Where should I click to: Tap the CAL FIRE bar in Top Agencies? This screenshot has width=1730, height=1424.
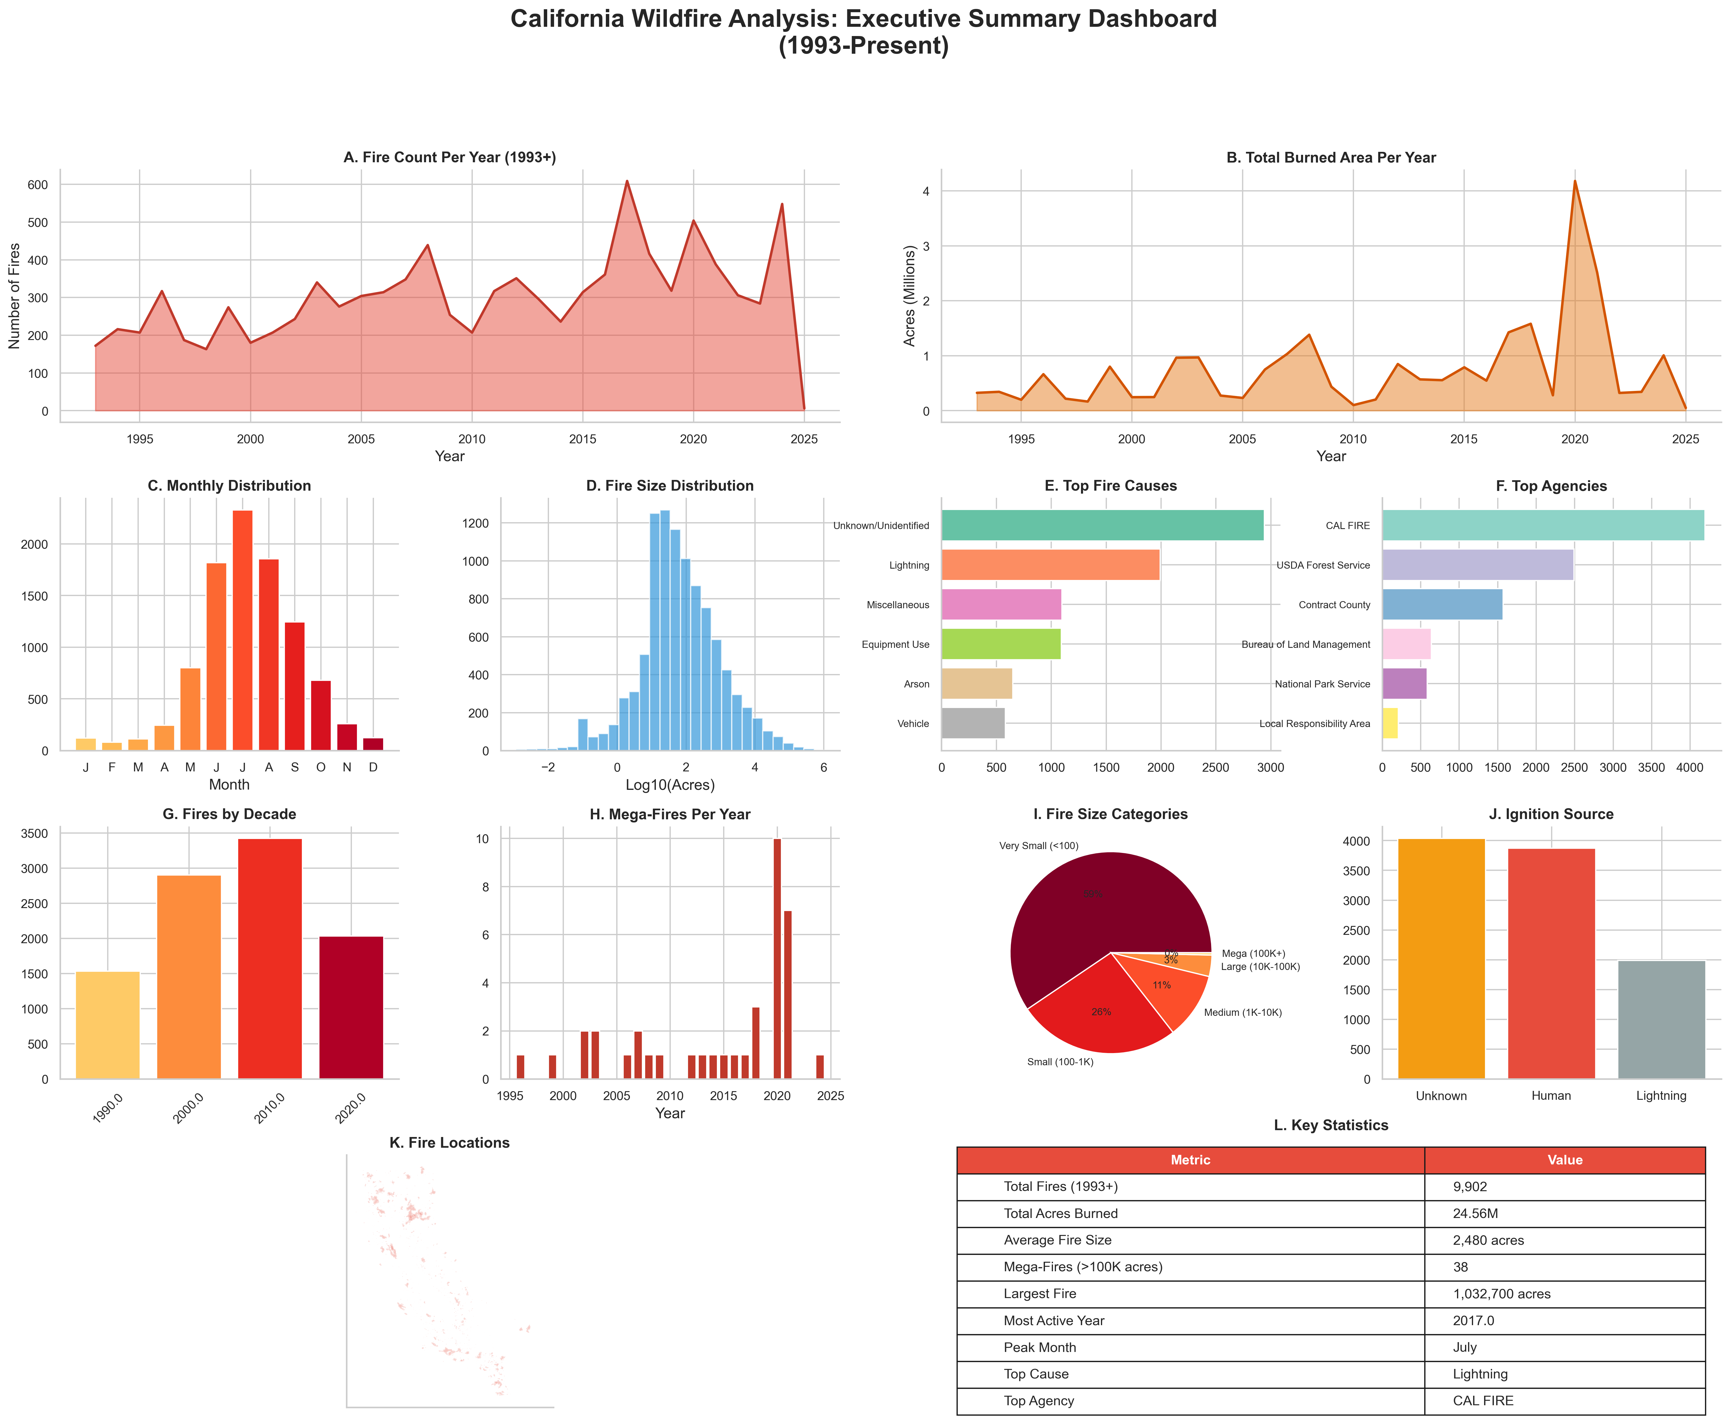click(x=1542, y=525)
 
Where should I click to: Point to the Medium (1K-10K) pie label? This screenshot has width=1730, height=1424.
click(x=1242, y=1012)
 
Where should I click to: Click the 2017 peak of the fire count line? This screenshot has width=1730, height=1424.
click(x=627, y=181)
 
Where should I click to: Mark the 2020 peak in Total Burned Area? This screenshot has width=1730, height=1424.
click(x=1574, y=181)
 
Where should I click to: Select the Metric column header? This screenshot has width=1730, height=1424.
click(x=1190, y=1160)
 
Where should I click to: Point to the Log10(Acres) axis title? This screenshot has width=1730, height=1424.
click(x=669, y=785)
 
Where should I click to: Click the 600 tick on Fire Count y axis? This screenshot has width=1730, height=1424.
click(x=39, y=185)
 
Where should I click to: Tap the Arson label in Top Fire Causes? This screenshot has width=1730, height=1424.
click(x=916, y=684)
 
